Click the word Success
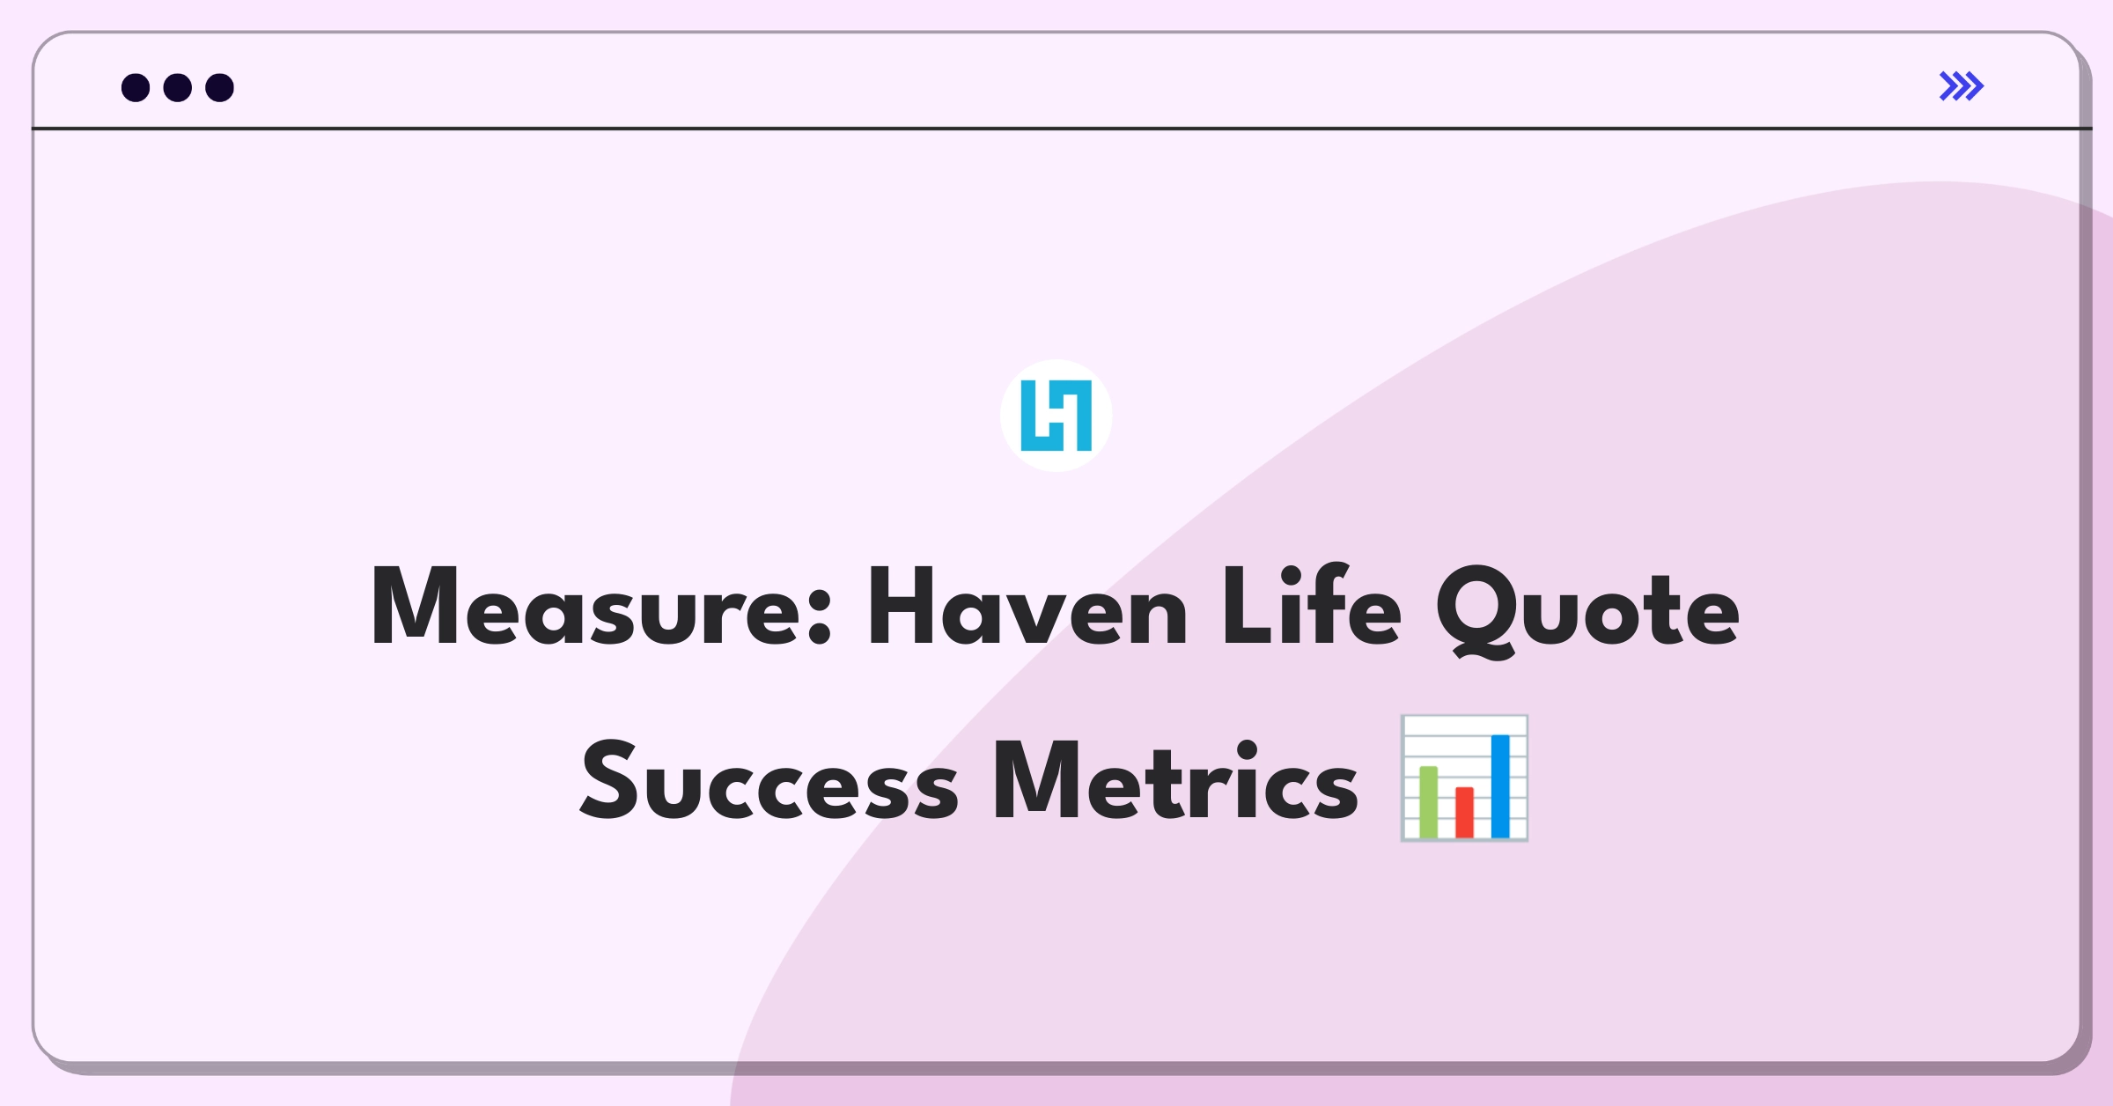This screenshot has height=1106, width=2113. click(x=769, y=780)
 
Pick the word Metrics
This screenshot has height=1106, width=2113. click(x=1176, y=780)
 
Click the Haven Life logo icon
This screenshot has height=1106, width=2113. click(x=1056, y=416)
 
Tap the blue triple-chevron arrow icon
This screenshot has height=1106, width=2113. click(x=1962, y=86)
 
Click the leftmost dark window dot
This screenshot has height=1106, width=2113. click(x=136, y=87)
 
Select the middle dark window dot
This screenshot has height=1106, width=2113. click(x=178, y=87)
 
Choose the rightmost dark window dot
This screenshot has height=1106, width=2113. click(x=220, y=87)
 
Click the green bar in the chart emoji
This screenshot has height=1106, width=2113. click(x=1428, y=802)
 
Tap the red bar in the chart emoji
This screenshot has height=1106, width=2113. click(x=1464, y=813)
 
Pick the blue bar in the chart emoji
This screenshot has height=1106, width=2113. click(x=1500, y=786)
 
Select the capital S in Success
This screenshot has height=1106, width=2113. click(x=608, y=780)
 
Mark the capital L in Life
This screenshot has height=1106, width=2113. click(x=1249, y=607)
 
